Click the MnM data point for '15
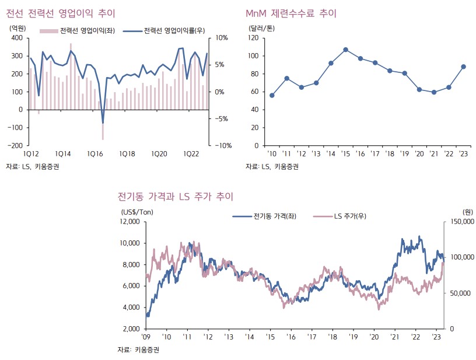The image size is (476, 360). click(346, 50)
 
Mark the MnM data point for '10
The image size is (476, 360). click(272, 95)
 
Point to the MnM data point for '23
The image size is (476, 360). click(464, 67)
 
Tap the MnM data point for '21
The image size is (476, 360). click(434, 92)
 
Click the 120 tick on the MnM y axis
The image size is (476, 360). click(253, 38)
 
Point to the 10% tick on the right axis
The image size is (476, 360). click(222, 38)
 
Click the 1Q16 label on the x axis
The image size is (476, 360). click(95, 154)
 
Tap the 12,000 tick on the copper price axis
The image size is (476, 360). click(128, 222)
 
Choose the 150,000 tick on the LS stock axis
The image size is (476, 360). click(460, 222)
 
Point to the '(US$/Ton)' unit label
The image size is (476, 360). click(136, 212)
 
